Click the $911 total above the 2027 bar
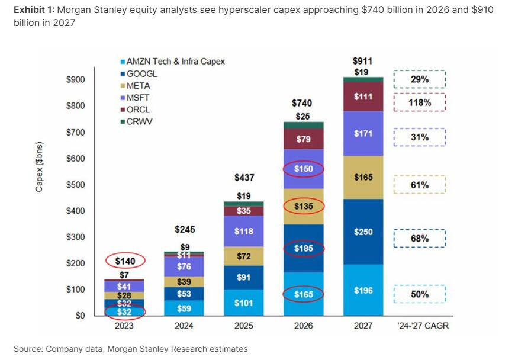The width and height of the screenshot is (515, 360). (363, 60)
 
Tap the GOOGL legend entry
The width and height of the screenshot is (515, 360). (141, 74)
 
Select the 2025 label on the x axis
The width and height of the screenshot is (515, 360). (243, 326)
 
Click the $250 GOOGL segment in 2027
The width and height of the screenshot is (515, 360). (363, 232)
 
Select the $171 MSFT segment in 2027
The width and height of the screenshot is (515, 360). (363, 134)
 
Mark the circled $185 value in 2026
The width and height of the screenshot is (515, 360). (304, 249)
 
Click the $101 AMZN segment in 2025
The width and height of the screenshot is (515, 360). (243, 303)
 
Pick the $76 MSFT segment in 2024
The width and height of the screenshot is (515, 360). (184, 266)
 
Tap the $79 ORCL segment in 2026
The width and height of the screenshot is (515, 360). (304, 139)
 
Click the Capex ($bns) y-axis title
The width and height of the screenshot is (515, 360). (39, 168)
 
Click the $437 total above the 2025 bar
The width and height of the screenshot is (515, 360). (243, 178)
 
